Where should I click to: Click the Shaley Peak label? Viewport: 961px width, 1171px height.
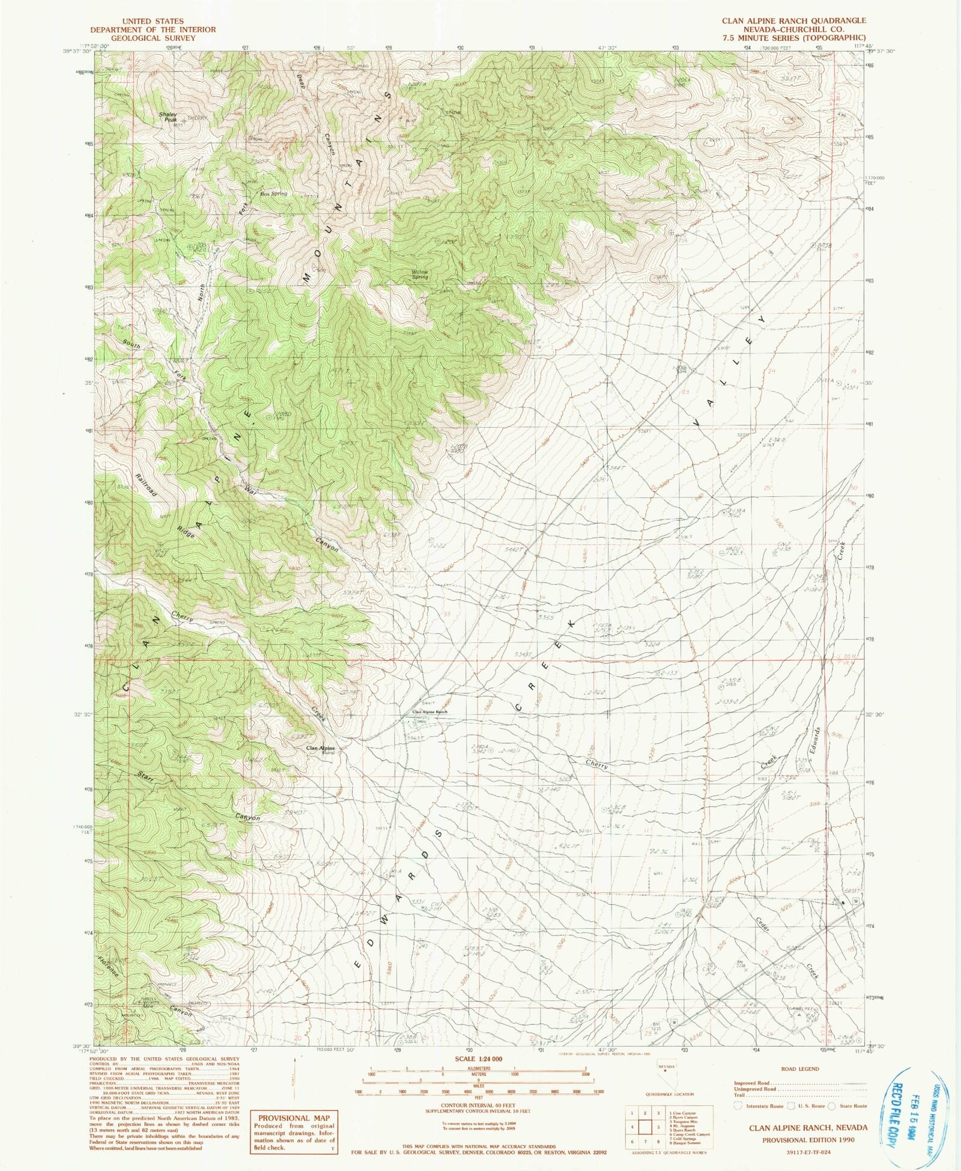pyautogui.click(x=168, y=117)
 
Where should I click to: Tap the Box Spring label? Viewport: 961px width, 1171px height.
pyautogui.click(x=273, y=194)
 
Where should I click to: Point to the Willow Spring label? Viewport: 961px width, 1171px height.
pyautogui.click(x=420, y=274)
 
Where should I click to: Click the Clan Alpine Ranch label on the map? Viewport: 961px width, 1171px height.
pyautogui.click(x=429, y=712)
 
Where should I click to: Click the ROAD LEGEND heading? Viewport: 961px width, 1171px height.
pyautogui.click(x=801, y=1069)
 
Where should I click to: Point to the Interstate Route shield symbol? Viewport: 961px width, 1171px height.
pyautogui.click(x=738, y=1106)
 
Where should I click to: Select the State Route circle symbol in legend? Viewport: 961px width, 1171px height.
pyautogui.click(x=831, y=1106)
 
